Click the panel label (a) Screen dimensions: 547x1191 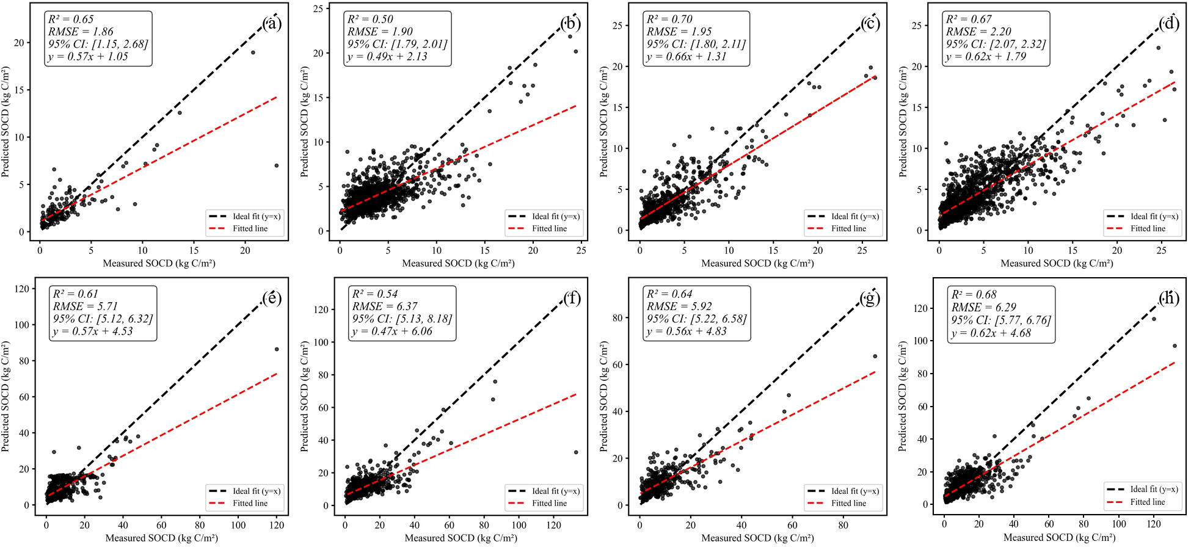pos(272,24)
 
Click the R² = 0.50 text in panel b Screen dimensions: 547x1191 pos(370,20)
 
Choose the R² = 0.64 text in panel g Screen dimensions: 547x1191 pos(669,294)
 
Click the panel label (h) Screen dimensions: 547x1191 pos(1169,298)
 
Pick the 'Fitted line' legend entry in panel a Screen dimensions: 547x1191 pos(250,229)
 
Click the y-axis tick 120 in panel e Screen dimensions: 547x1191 pos(24,289)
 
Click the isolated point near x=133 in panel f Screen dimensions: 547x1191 pos(575,452)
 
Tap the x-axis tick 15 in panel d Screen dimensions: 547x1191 pos(1073,250)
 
